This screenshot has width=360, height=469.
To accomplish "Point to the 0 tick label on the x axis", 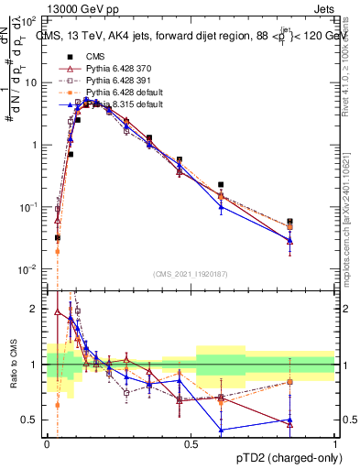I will click(47, 443).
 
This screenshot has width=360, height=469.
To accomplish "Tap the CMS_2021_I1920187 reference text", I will click(191, 273).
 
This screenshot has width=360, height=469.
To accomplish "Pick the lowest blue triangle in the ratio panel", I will click(221, 430).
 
